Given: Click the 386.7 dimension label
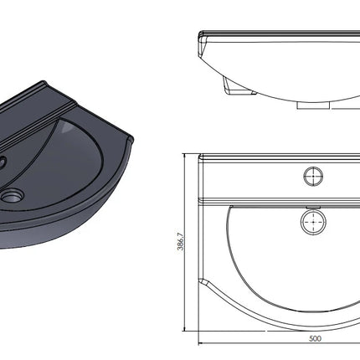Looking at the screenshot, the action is coord(181,241).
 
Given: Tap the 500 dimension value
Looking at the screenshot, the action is coord(315,338).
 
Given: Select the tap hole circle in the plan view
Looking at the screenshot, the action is coord(313,176).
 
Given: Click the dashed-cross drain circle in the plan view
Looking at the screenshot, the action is coord(313,222).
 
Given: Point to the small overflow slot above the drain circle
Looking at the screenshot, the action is coord(313,207).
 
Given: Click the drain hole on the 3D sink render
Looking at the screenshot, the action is coord(13,196).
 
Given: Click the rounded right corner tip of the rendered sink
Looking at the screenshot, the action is coord(131,139).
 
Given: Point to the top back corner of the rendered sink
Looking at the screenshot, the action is coord(44,82).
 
